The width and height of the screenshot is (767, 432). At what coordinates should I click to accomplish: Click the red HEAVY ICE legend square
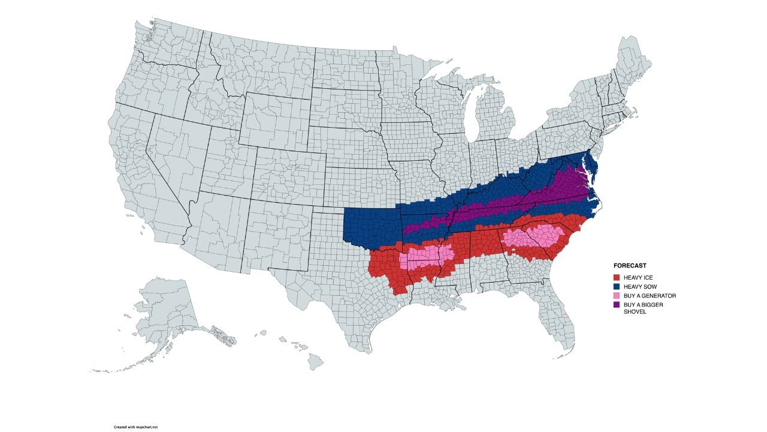pyautogui.click(x=616, y=277)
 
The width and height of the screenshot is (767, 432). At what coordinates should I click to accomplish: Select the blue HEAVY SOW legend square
pyautogui.click(x=616, y=287)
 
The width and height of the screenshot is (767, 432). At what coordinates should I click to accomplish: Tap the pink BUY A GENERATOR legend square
pyautogui.click(x=616, y=296)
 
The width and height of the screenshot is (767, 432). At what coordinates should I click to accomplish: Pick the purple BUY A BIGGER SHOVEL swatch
pyautogui.click(x=616, y=305)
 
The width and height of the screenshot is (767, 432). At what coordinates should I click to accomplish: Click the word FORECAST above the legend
pyautogui.click(x=630, y=265)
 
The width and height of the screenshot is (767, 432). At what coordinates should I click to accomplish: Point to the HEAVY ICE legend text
pyautogui.click(x=638, y=277)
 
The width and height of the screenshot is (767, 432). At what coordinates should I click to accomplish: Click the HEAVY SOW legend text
pyautogui.click(x=640, y=287)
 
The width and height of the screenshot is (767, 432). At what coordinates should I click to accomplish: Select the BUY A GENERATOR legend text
pyautogui.click(x=650, y=296)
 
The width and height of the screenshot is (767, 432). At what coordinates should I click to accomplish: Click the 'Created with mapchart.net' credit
pyautogui.click(x=135, y=427)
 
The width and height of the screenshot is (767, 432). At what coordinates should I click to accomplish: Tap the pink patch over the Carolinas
pyautogui.click(x=533, y=237)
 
